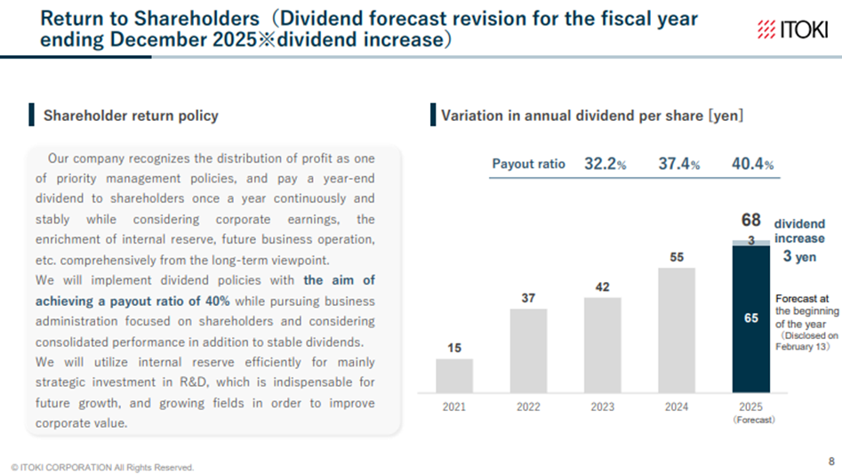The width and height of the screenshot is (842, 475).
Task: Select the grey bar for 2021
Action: (x=454, y=375)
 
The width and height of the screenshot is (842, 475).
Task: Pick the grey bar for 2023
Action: (x=602, y=345)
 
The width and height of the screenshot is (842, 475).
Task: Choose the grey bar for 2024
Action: (x=676, y=330)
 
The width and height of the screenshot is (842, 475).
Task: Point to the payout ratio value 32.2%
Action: (x=605, y=165)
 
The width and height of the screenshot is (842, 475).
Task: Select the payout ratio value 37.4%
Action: (x=678, y=165)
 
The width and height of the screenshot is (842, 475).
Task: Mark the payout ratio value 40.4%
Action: (x=752, y=165)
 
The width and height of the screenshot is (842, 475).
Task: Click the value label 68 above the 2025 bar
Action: (x=750, y=220)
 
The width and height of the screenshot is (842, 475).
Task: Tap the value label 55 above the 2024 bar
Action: (x=677, y=256)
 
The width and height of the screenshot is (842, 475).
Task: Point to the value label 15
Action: (x=454, y=348)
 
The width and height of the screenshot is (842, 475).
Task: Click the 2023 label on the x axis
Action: (x=602, y=407)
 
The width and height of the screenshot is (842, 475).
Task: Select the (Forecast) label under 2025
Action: (x=751, y=420)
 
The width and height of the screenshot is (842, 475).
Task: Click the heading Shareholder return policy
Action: (x=131, y=116)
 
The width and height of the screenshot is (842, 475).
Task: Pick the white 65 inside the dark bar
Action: (x=750, y=318)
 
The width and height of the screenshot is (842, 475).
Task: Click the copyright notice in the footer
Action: (x=102, y=467)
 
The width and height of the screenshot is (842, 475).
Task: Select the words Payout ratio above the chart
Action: (x=528, y=165)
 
